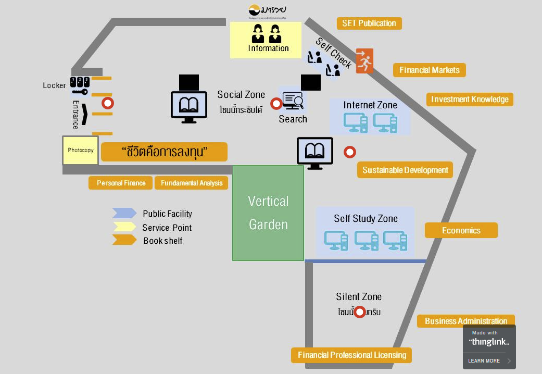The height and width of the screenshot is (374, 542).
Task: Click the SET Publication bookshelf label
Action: [369, 23]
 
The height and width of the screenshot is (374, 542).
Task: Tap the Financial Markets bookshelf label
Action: [430, 70]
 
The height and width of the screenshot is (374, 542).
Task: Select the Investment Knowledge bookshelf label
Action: [470, 99]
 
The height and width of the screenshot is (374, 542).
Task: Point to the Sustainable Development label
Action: [405, 170]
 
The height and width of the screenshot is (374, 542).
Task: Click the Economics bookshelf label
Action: [461, 230]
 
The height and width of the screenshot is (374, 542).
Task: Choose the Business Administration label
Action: [465, 321]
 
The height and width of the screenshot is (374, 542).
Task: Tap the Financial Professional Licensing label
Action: [352, 355]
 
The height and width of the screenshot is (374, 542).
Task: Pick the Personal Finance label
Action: [121, 183]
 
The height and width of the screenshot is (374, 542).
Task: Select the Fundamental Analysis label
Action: [192, 183]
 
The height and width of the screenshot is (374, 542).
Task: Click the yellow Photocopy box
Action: [81, 151]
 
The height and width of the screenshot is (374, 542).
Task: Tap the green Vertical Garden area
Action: [268, 213]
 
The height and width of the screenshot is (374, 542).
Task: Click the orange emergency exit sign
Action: [364, 61]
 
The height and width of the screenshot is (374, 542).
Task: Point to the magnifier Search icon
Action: [293, 99]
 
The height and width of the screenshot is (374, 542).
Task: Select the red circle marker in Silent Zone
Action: [359, 312]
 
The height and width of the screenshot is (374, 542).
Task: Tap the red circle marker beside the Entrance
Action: [108, 103]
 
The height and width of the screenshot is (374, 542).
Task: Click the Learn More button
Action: [489, 360]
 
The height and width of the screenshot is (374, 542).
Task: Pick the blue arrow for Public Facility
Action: [124, 213]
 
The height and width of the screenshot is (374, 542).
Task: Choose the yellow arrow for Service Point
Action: [124, 227]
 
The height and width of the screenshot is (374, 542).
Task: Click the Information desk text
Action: [268, 48]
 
